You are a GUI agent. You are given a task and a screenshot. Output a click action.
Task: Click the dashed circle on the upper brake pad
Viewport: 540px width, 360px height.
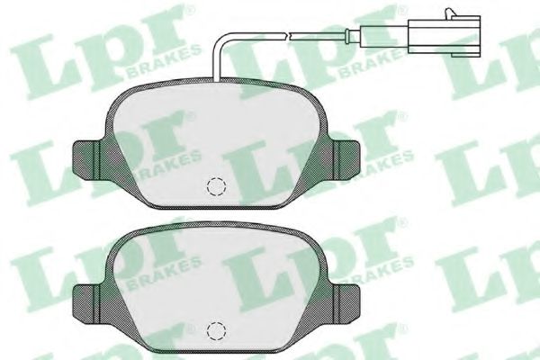216,186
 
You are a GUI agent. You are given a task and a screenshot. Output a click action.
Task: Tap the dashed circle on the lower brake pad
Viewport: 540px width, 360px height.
216,330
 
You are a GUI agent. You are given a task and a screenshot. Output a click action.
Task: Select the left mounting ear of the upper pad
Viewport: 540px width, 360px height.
86,160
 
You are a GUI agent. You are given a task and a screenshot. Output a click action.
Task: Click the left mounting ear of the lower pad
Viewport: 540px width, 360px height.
86,304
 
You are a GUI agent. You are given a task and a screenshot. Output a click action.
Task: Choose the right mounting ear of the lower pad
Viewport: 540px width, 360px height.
346,304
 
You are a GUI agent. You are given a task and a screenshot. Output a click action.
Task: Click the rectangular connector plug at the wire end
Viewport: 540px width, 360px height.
444,34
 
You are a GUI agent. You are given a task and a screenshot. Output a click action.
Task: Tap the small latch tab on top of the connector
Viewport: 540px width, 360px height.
449,13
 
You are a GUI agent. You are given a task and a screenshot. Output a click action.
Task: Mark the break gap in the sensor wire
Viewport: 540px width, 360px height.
288,35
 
